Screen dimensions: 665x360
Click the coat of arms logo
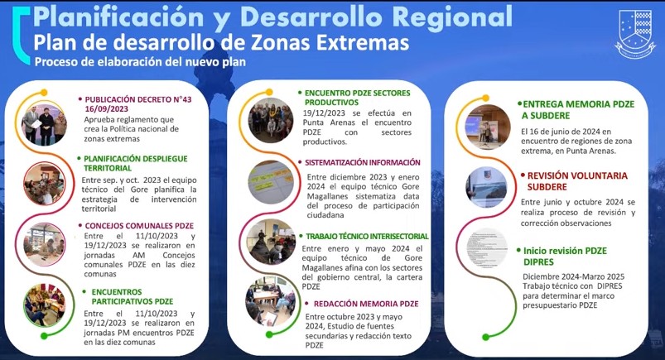coord(635,33)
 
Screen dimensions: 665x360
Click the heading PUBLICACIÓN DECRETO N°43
coord(138,99)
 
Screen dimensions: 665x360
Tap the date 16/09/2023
coord(107,109)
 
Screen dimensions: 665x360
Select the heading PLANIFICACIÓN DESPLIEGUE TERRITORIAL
coord(135,163)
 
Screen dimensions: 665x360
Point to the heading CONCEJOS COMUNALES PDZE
coord(139,226)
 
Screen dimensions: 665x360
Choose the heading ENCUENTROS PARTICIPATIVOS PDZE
coord(133,297)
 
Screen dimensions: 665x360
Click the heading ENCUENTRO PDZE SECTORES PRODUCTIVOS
coord(358,98)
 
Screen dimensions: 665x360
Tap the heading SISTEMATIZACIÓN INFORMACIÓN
coord(363,162)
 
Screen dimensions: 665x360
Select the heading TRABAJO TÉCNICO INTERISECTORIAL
coord(367,236)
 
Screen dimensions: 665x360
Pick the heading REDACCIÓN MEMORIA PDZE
coord(366,304)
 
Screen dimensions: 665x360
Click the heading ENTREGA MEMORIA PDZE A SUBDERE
coord(579,110)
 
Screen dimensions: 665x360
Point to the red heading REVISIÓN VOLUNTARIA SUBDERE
coord(577,181)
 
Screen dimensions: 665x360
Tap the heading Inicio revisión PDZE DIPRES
coord(565,257)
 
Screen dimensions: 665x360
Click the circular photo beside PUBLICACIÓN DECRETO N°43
coord(45,125)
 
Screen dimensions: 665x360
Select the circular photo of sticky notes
coord(271,182)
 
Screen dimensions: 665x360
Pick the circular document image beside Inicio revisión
coord(487,248)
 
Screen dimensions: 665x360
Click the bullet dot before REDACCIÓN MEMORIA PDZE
coord(306,304)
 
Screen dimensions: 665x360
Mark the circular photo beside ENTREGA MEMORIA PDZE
coord(488,127)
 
